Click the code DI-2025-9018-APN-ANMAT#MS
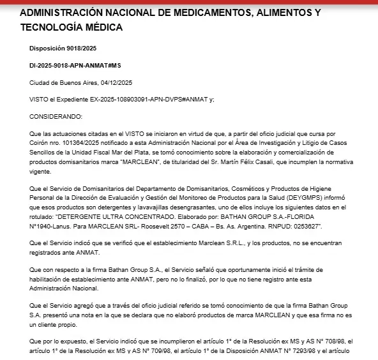(76, 66)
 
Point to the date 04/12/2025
(133, 83)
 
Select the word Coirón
(40, 145)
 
